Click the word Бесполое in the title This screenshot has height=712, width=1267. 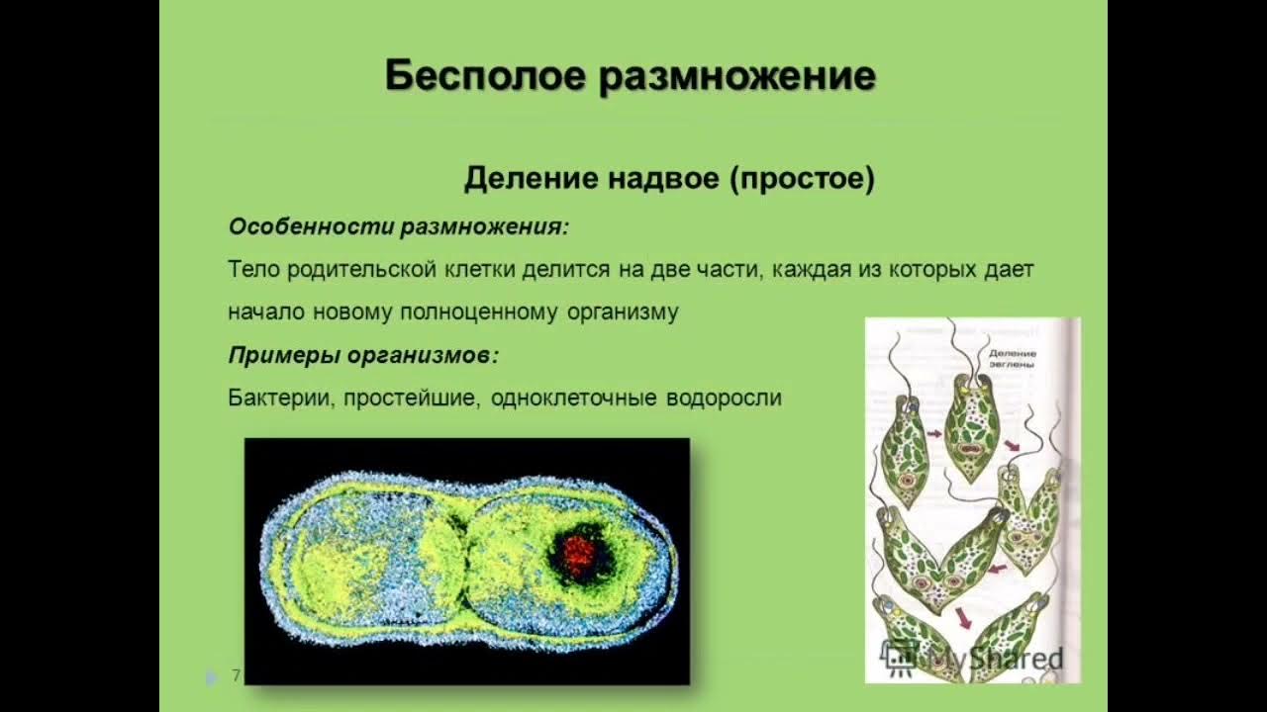coord(485,76)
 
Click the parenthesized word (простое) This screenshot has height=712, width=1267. coord(803,179)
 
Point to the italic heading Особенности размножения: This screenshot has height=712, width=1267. coord(399,226)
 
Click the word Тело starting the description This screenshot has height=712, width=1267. coord(254,269)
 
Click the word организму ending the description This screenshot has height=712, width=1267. coord(623,312)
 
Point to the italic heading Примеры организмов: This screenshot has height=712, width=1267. coord(363,355)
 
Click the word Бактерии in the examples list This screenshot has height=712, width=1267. coord(281,398)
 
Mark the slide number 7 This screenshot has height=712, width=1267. coord(236,675)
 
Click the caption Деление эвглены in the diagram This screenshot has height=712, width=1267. coord(1009,358)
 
